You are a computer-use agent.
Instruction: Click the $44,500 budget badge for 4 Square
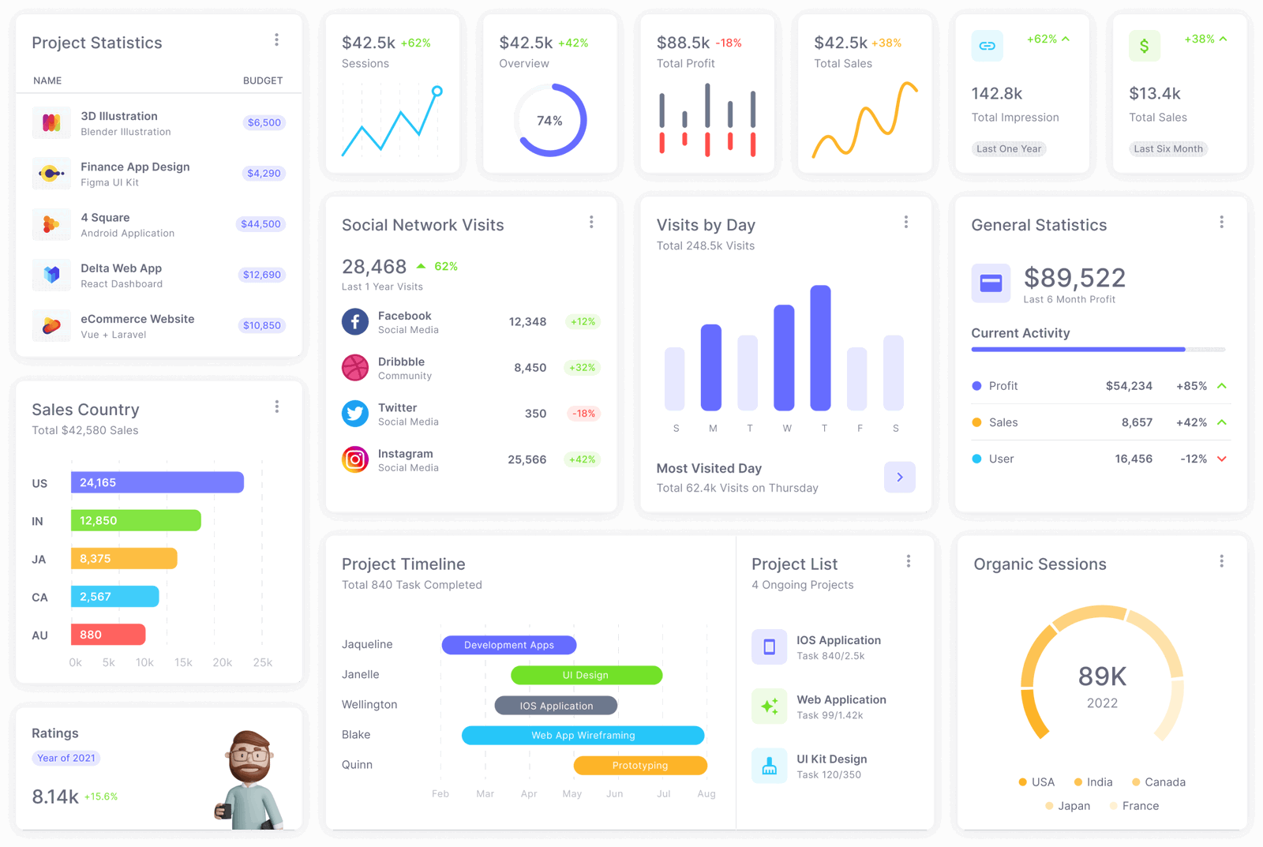260,224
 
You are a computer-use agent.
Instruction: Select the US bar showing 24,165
157,482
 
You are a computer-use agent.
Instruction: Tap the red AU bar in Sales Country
108,635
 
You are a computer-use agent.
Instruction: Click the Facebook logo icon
355,322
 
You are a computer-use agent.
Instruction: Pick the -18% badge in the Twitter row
583,414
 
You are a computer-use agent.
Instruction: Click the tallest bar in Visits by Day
820,348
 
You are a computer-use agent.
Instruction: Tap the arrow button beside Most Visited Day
899,477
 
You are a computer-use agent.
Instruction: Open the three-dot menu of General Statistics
1221,223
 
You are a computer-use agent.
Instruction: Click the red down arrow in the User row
1222,459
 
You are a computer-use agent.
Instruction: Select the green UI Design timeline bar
586,675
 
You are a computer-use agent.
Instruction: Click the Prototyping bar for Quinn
640,766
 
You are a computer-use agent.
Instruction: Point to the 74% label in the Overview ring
549,121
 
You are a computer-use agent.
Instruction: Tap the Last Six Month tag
1168,148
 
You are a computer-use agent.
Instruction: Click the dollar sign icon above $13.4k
1144,46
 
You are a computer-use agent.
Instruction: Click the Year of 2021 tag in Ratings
66,758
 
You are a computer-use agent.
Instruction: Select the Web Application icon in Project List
769,706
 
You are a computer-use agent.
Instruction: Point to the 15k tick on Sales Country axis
183,663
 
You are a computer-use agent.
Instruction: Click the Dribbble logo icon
355,368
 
